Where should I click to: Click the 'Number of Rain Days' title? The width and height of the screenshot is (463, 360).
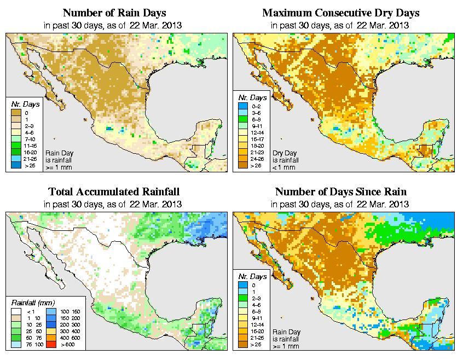pyautogui.click(x=114, y=13)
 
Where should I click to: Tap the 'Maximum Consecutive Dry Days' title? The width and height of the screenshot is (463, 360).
pyautogui.click(x=341, y=13)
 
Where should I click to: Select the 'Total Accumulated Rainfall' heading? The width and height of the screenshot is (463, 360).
pyautogui.click(x=114, y=192)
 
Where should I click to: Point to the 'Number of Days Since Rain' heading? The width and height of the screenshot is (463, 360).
pyautogui.click(x=341, y=192)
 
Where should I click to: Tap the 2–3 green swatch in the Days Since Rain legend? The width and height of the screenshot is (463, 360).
pyautogui.click(x=242, y=298)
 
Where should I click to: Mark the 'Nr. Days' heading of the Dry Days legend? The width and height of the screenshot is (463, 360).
pyautogui.click(x=254, y=97)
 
